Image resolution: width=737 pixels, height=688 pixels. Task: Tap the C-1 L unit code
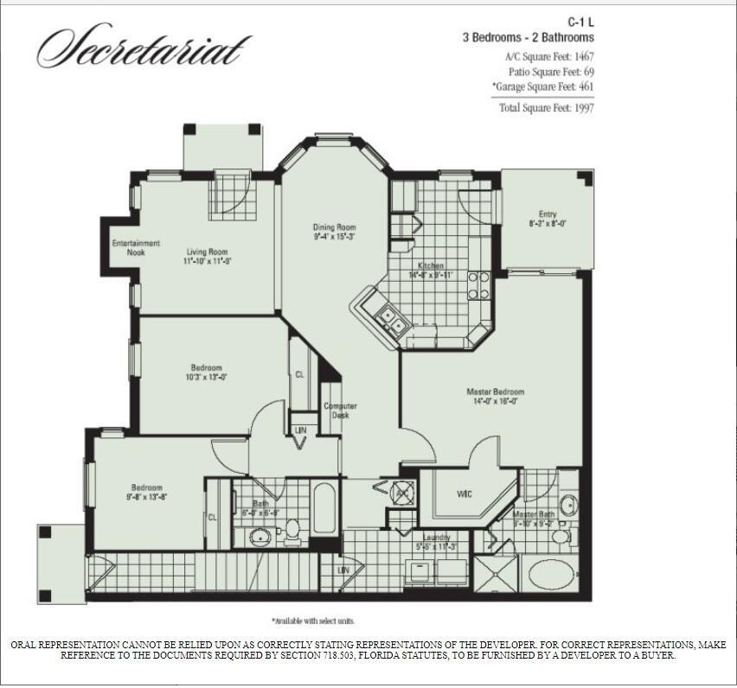tap(580, 22)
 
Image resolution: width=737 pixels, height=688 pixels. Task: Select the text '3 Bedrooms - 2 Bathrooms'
tap(528, 38)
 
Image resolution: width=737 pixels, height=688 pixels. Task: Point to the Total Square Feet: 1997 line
tap(546, 107)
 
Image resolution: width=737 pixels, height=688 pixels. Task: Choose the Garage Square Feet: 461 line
tap(542, 86)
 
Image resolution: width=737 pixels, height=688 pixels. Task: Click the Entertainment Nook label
tap(136, 248)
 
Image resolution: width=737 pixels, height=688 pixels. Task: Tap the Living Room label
tap(206, 257)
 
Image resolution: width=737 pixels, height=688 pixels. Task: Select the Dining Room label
tap(334, 233)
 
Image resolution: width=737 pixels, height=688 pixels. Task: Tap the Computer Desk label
tap(340, 411)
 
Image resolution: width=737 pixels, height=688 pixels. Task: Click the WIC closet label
tap(464, 494)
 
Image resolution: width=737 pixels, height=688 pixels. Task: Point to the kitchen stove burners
tap(478, 285)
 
